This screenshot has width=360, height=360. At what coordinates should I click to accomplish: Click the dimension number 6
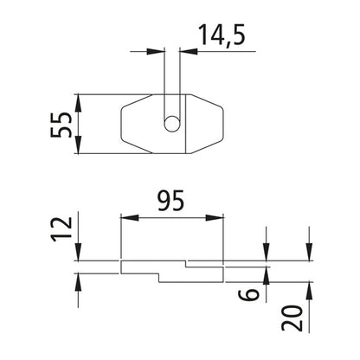coord(248,292)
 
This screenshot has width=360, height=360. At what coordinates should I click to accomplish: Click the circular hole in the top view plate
coord(173,124)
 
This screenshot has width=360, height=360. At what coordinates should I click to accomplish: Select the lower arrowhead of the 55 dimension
coord(79,148)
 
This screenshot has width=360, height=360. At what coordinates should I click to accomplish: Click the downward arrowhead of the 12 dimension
coord(79,254)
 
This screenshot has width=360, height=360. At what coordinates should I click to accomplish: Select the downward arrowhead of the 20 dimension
coord(308,254)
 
